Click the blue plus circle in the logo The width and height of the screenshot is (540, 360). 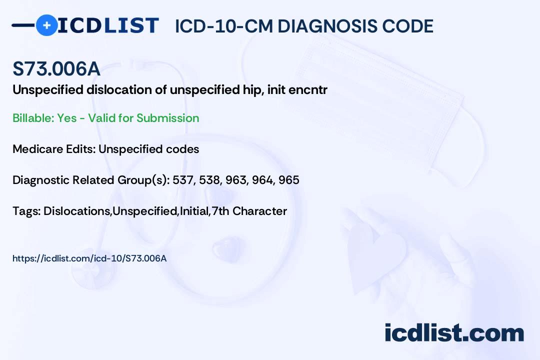46,25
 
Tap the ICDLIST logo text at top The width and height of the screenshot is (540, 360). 108,25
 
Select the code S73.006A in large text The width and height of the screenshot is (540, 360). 56,69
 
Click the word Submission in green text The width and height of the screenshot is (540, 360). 167,118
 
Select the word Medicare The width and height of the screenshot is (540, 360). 35,149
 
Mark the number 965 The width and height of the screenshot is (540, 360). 289,180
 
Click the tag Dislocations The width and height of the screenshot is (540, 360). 77,211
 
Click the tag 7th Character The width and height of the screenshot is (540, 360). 249,211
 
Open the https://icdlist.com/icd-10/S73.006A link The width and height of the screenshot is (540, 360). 89,258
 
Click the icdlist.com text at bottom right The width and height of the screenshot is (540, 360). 454,333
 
